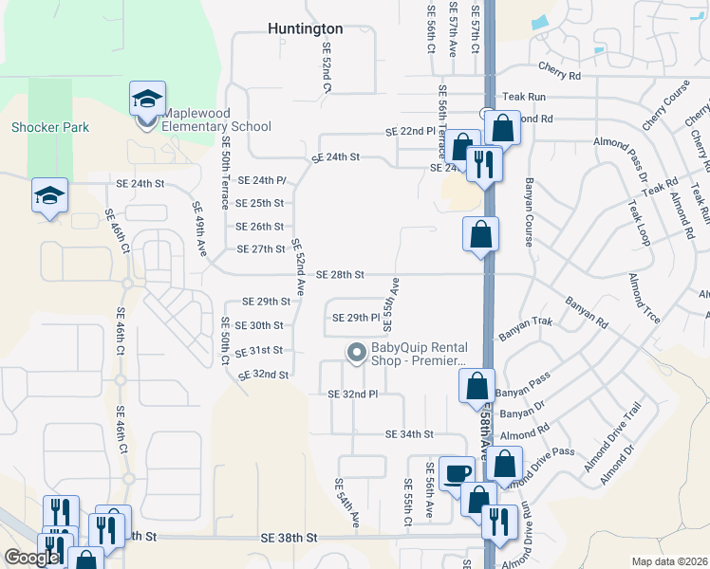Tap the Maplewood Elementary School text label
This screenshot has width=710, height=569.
[216, 126]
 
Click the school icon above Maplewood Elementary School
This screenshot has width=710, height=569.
[147, 98]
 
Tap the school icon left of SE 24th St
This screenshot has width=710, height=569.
[49, 194]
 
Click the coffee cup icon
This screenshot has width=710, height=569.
[458, 471]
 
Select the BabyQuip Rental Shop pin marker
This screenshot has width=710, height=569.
[356, 353]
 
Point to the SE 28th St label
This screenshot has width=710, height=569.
[341, 275]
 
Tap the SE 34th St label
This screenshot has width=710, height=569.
[409, 434]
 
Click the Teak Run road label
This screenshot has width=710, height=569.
[524, 97]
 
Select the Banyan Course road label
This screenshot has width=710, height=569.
[529, 211]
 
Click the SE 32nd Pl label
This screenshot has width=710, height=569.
[352, 394]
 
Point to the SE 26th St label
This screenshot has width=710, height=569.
[260, 227]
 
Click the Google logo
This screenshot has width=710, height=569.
[31, 558]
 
